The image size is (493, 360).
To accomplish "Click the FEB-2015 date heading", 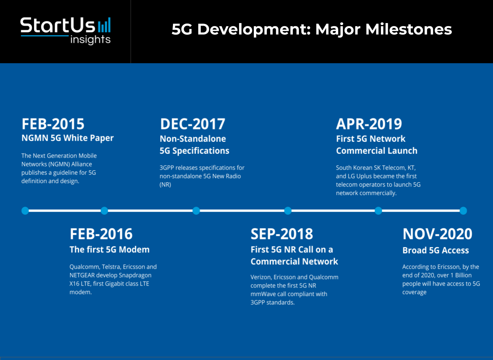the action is (53, 124).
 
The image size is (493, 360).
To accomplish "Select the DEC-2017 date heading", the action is (193, 124).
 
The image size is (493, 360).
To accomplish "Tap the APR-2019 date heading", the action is (369, 124).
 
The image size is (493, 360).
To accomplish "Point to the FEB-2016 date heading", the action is (101, 234).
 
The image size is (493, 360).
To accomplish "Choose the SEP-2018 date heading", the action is (282, 234).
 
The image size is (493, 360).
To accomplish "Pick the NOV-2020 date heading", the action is (437, 234).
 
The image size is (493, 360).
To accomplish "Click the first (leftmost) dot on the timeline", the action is (25, 210).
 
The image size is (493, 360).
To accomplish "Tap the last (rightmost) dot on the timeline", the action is (463, 210).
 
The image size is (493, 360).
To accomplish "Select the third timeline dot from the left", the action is (196, 210).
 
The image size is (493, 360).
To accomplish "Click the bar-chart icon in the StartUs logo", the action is (104, 25).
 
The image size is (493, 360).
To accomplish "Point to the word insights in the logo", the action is (90, 40).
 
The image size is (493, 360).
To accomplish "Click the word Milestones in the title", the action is (409, 29).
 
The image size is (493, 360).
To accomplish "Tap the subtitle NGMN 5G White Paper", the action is (67, 138).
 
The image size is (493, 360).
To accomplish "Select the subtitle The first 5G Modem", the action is (110, 250).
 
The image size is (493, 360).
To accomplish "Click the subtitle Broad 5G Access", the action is (436, 250).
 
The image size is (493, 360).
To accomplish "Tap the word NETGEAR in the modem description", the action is (82, 275).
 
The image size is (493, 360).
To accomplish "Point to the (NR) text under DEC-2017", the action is (165, 185).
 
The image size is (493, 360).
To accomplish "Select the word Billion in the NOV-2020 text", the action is (463, 275).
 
